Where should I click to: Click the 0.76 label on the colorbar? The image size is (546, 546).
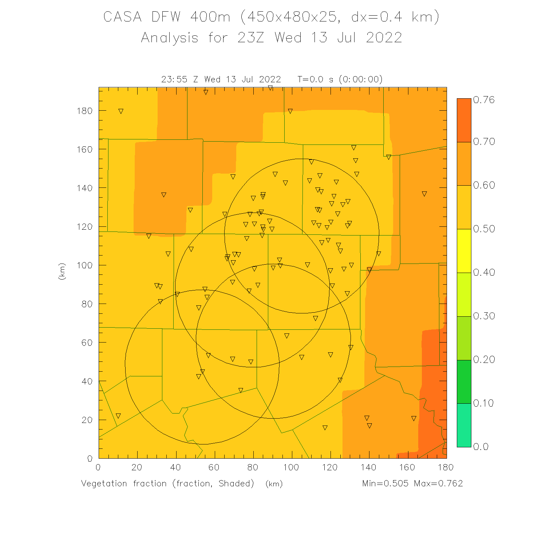pyautogui.click(x=484, y=100)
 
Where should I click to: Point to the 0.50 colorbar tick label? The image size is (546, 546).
pyautogui.click(x=484, y=229)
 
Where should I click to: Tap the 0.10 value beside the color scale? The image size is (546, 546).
pyautogui.click(x=484, y=403)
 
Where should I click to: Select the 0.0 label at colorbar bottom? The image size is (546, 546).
pyautogui.click(x=480, y=447)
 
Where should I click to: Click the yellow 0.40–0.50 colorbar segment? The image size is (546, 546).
pyautogui.click(x=464, y=250)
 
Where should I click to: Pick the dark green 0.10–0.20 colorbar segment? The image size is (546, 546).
pyautogui.click(x=464, y=381)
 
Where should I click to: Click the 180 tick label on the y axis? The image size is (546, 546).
pyautogui.click(x=85, y=111)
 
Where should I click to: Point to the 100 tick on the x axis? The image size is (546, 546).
pyautogui.click(x=291, y=467)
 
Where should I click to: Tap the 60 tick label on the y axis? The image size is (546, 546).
pyautogui.click(x=87, y=343)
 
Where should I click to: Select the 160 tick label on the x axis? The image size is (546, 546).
pyautogui.click(x=407, y=467)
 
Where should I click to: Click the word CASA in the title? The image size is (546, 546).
pyautogui.click(x=122, y=17)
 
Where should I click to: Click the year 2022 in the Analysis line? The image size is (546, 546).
pyautogui.click(x=384, y=38)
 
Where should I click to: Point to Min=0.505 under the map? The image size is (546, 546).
pyautogui.click(x=385, y=483)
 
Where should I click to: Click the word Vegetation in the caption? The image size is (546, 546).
pyautogui.click(x=104, y=483)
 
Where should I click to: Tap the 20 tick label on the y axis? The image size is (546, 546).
pyautogui.click(x=87, y=420)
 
